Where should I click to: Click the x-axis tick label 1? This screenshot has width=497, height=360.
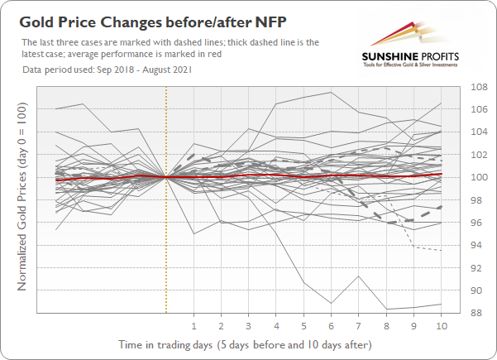[194, 325]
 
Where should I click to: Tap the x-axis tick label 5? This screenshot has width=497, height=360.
[303, 325]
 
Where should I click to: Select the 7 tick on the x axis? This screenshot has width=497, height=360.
[359, 325]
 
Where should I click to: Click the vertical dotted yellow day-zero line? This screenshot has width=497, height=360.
[166, 248]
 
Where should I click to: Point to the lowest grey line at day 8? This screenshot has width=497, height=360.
[386, 309]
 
